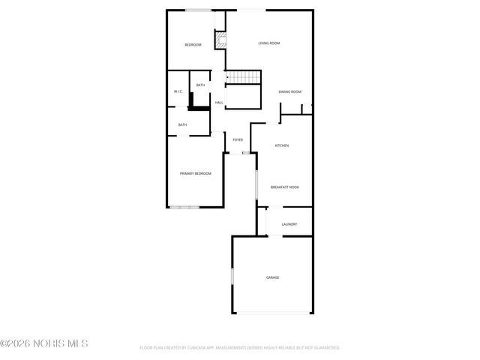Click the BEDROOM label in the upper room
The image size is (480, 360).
coord(193,45)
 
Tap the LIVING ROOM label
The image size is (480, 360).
coord(269,43)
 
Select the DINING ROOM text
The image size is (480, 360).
coord(290,91)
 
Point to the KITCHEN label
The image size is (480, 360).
coord(282,145)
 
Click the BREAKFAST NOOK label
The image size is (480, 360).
coord(285,187)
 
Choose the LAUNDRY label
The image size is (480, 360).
coord(289,224)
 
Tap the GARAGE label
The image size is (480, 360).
coord(272,277)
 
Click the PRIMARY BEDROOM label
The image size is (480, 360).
coord(196,173)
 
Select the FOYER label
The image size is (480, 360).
coord(238,140)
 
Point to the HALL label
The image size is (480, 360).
coord(219,103)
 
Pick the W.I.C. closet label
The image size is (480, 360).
coord(178,91)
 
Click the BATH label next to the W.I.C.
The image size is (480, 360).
coord(200,85)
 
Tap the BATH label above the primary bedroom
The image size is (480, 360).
coord(182,124)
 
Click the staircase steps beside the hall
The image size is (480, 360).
coord(243,77)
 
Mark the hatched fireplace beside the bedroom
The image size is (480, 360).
coord(220,40)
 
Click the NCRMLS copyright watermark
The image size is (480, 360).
coord(44,343)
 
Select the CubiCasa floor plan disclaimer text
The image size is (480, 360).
coord(240,348)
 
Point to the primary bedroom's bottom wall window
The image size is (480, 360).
coord(184,206)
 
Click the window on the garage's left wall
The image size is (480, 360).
coord(232,277)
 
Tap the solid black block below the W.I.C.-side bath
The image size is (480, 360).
coord(199,106)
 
